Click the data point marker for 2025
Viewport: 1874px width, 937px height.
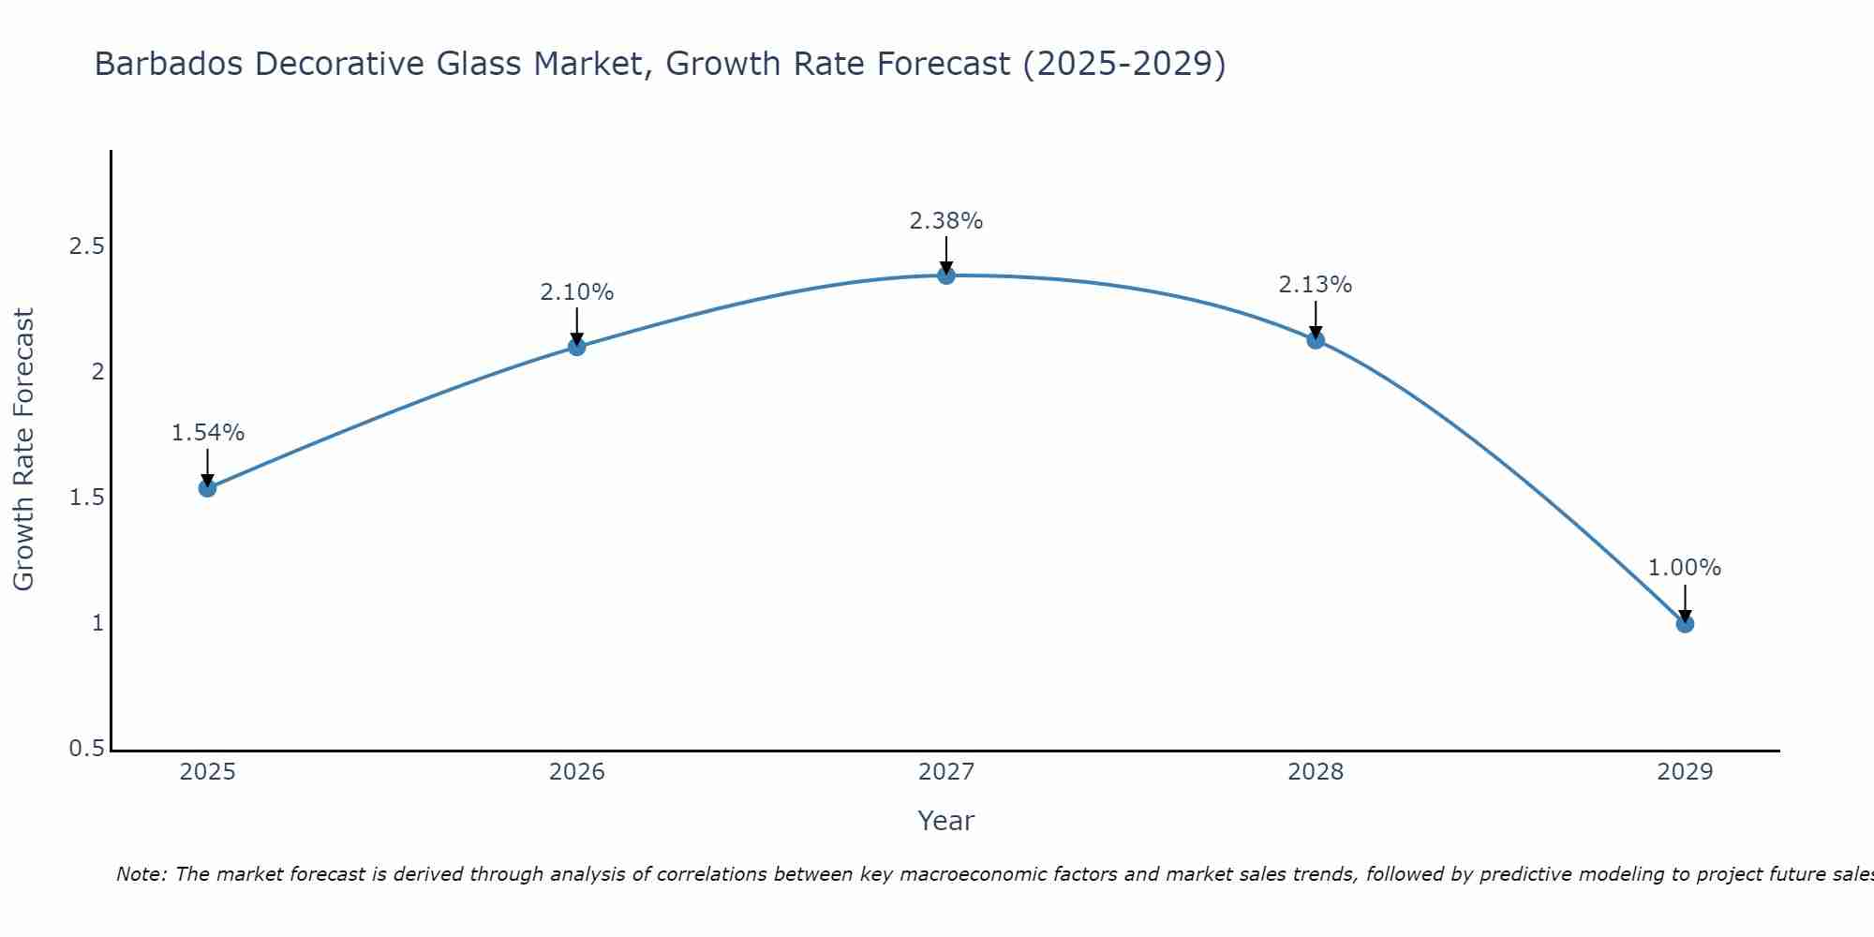[207, 487]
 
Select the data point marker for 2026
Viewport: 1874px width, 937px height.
[576, 347]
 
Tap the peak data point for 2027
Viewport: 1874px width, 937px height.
[946, 275]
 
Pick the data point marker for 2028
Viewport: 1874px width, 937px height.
[1316, 339]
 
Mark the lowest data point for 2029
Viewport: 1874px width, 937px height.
[1685, 623]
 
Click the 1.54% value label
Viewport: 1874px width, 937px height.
[208, 433]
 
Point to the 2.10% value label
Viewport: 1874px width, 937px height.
[576, 292]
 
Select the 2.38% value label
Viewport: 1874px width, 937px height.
[946, 221]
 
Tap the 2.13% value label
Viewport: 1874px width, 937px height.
[1316, 285]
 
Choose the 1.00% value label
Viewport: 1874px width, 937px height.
[1685, 568]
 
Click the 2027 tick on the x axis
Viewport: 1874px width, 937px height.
[946, 772]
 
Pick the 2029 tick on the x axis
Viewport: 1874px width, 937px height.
[1685, 772]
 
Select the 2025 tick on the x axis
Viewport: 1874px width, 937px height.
[207, 772]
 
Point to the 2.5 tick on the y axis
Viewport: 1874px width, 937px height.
[86, 246]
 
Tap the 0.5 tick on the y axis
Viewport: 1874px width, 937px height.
[86, 749]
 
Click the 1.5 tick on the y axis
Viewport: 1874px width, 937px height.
[86, 498]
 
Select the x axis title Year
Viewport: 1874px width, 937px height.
[946, 821]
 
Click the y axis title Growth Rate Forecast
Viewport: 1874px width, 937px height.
[23, 450]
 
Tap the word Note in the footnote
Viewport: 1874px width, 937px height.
[141, 874]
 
